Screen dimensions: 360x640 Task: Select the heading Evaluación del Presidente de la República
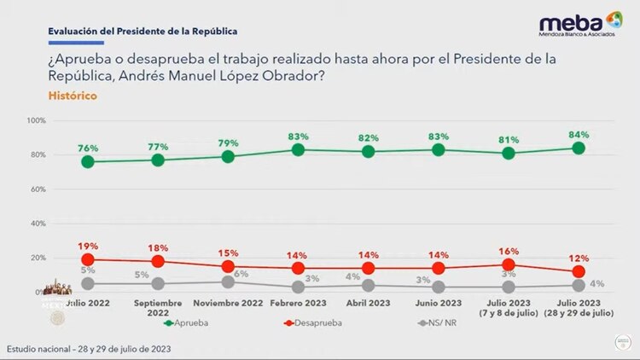(143, 32)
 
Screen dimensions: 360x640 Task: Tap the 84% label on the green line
(579, 135)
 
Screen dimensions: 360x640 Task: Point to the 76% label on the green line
(87, 148)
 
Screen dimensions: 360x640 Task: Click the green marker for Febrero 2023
(298, 149)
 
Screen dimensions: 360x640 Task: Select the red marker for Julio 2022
(87, 259)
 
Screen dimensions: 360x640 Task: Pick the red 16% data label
(509, 251)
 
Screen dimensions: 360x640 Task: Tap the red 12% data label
(579, 258)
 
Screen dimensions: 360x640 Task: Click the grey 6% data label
(241, 273)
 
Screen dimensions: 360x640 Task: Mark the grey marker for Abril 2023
(368, 287)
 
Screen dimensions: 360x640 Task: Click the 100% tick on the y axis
(36, 121)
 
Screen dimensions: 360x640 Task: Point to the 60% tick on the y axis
(38, 189)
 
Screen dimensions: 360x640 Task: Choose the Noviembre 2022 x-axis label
(228, 302)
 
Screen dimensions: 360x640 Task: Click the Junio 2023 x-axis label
(438, 302)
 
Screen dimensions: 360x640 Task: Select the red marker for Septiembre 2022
(157, 261)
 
